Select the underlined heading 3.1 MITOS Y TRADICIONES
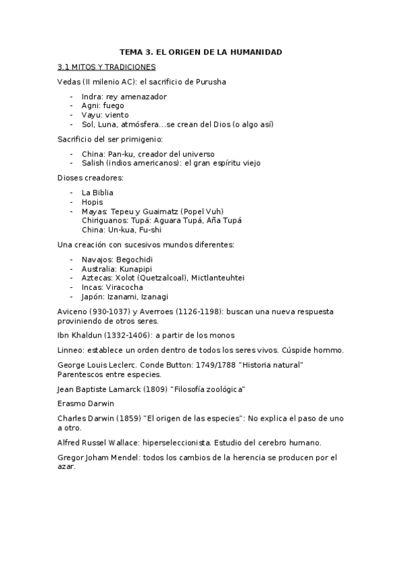point(107,67)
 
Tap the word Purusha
point(207,82)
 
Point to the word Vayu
point(91,115)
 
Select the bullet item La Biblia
point(98,193)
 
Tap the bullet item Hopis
point(92,202)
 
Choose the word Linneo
point(71,350)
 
